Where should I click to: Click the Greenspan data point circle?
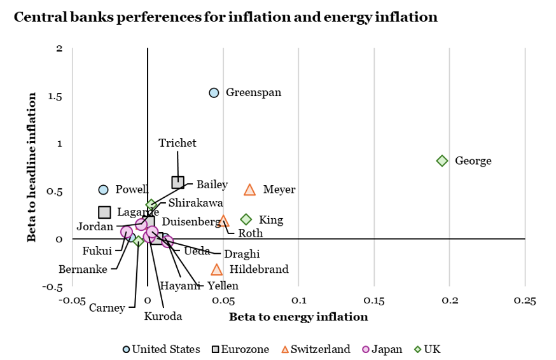pos(214,93)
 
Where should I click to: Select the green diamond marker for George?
pos(442,161)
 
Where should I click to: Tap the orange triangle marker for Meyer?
pos(249,190)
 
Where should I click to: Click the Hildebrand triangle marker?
pos(217,270)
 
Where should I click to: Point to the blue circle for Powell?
pos(104,190)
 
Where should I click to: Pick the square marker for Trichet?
pos(177,183)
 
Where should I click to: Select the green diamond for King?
pos(246,219)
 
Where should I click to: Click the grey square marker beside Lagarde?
pos(104,212)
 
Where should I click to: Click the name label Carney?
pos(107,308)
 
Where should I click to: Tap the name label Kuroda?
pos(163,316)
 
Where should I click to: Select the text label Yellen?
pos(223,286)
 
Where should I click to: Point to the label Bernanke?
pos(83,269)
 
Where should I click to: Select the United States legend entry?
pos(161,349)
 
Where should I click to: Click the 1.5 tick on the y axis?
pos(55,96)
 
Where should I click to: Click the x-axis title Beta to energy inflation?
pos(298,317)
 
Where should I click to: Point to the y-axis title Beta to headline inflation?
pos(31,167)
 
